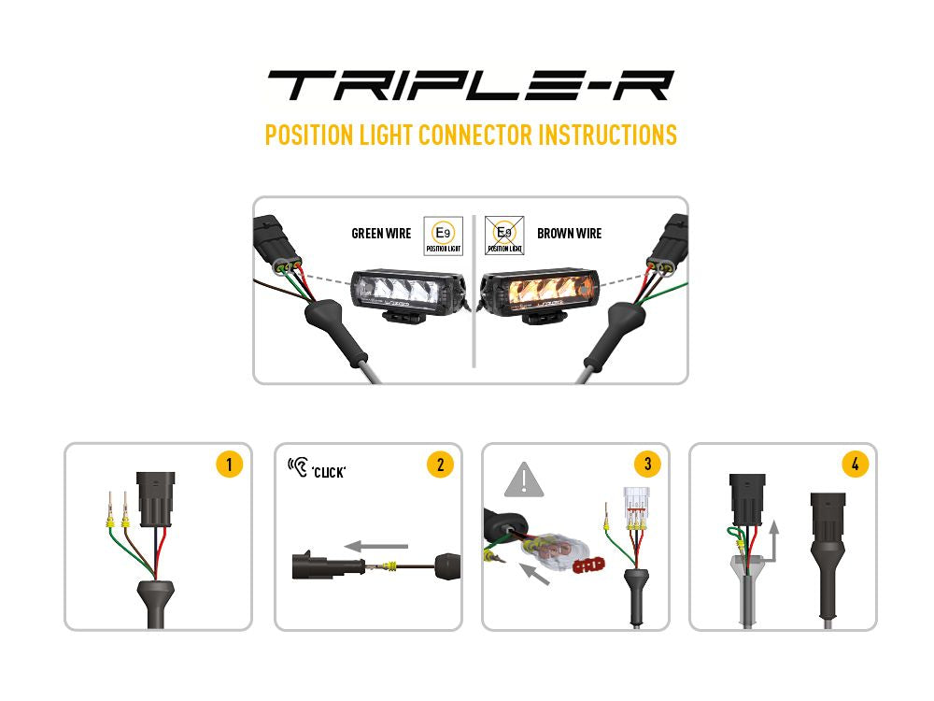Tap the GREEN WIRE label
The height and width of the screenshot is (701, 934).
(x=381, y=233)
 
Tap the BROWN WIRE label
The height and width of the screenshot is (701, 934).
(x=569, y=233)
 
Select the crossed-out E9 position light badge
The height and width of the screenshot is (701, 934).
(x=504, y=235)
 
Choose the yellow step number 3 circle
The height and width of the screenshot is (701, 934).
(x=646, y=465)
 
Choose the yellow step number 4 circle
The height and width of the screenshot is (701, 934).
(x=855, y=465)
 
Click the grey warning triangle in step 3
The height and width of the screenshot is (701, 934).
(x=524, y=480)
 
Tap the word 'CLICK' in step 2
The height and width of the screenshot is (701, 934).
(x=329, y=472)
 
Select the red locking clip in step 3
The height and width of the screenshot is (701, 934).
(x=587, y=565)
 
